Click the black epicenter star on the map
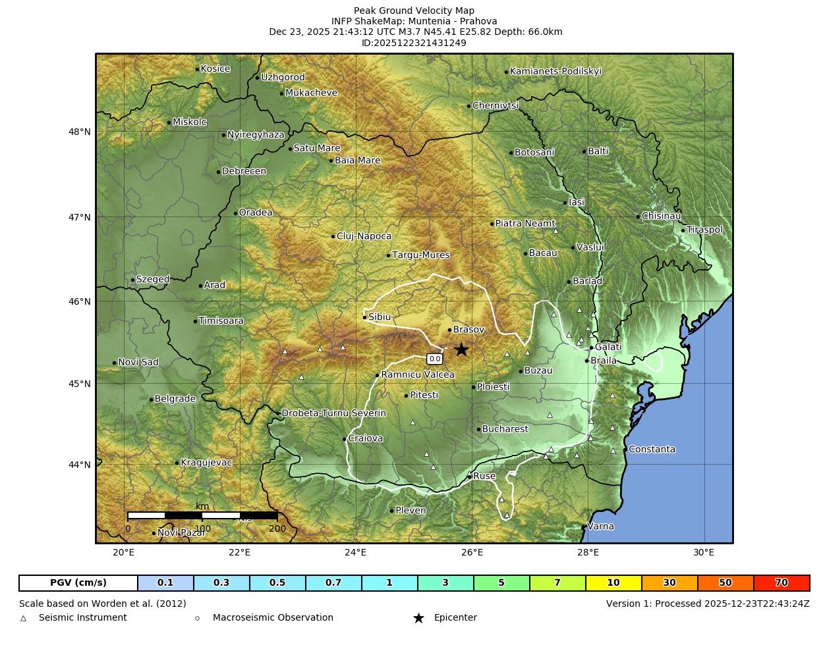click(461, 349)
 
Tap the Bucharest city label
click(505, 429)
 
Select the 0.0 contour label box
click(434, 359)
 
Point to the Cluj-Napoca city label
click(364, 236)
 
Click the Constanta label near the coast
click(652, 450)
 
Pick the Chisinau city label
click(661, 216)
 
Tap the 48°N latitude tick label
click(80, 132)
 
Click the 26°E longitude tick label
click(472, 552)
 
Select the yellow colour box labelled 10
click(613, 583)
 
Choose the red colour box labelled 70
click(781, 583)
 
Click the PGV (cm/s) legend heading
click(78, 583)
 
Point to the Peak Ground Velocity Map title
click(414, 11)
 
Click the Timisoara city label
click(221, 321)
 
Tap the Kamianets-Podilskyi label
click(555, 72)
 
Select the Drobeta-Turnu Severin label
click(333, 413)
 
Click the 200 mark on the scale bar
click(277, 529)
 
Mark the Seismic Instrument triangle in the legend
click(24, 618)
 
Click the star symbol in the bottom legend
click(418, 618)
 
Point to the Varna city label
click(600, 527)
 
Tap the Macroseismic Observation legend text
click(273, 618)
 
